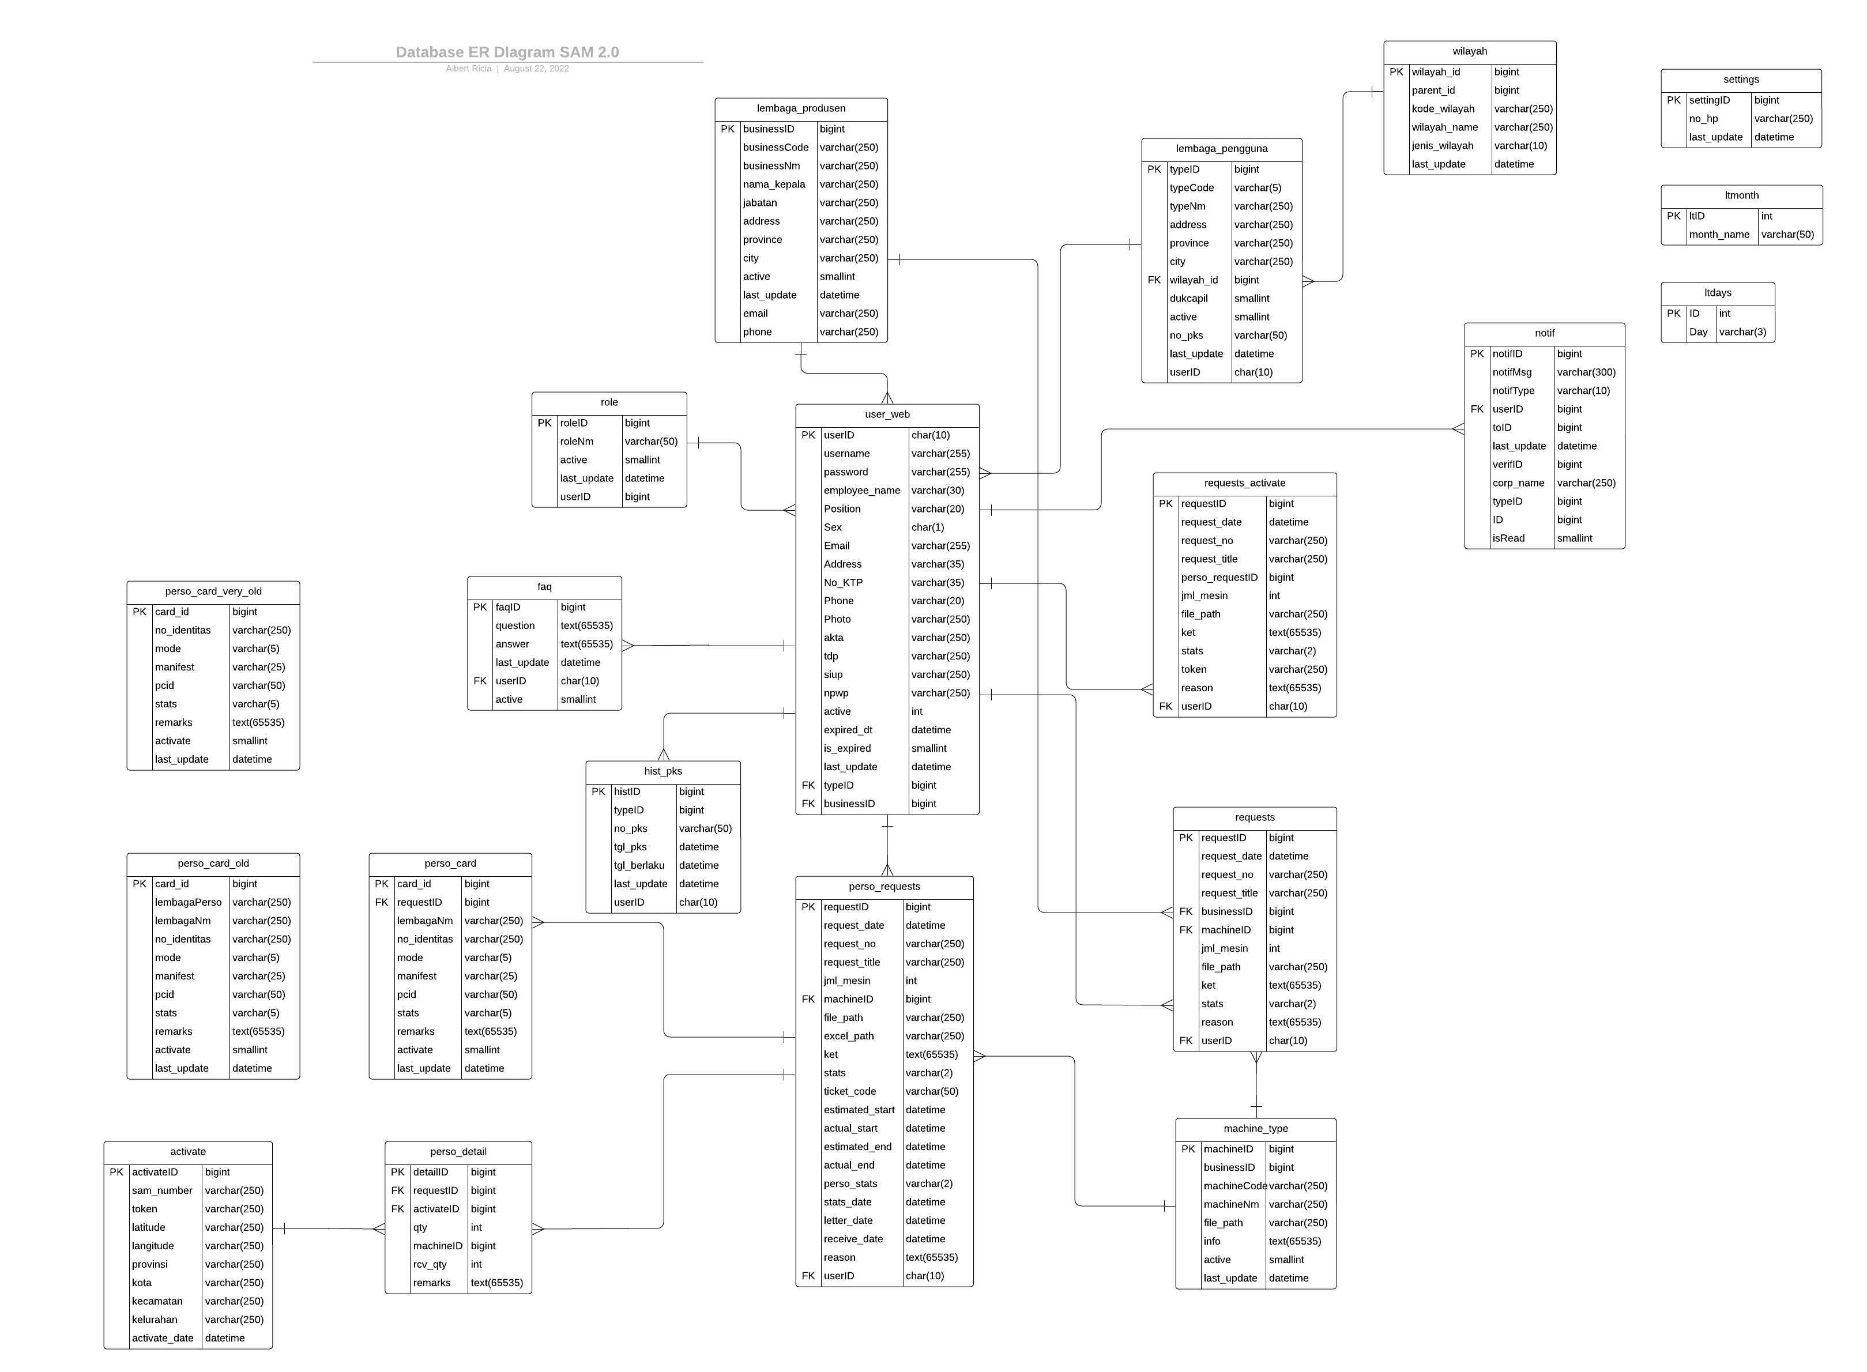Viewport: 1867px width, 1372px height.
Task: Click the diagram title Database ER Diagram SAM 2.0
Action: pyautogui.click(x=507, y=52)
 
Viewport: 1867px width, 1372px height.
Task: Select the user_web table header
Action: pyautogui.click(x=886, y=414)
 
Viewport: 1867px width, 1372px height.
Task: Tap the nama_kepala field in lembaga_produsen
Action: pyautogui.click(x=773, y=184)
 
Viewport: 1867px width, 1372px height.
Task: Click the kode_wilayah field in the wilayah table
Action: pyautogui.click(x=1443, y=109)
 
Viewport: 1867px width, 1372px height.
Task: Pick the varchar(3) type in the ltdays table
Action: pyautogui.click(x=1742, y=332)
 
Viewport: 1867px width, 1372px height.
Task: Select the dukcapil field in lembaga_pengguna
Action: pyautogui.click(x=1188, y=298)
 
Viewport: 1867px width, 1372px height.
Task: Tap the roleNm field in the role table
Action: pyautogui.click(x=577, y=442)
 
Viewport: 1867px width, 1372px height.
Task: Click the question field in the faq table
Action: pyautogui.click(x=515, y=625)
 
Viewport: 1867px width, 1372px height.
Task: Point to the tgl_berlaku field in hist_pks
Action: pyautogui.click(x=639, y=865)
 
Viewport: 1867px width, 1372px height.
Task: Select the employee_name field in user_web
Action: pyautogui.click(x=861, y=490)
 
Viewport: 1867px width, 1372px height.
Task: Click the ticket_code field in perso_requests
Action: pyautogui.click(x=850, y=1091)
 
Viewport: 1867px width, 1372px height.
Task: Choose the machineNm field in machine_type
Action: pyautogui.click(x=1231, y=1204)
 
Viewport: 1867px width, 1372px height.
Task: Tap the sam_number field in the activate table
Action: pyautogui.click(x=162, y=1190)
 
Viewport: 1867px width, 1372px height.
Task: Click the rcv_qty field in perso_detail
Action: pyautogui.click(x=430, y=1264)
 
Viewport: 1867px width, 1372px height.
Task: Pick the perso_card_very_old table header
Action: pyautogui.click(x=213, y=591)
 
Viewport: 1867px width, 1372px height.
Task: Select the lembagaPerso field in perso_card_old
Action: pyautogui.click(x=188, y=902)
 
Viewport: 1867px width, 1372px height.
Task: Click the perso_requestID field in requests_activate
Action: pyautogui.click(x=1218, y=577)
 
